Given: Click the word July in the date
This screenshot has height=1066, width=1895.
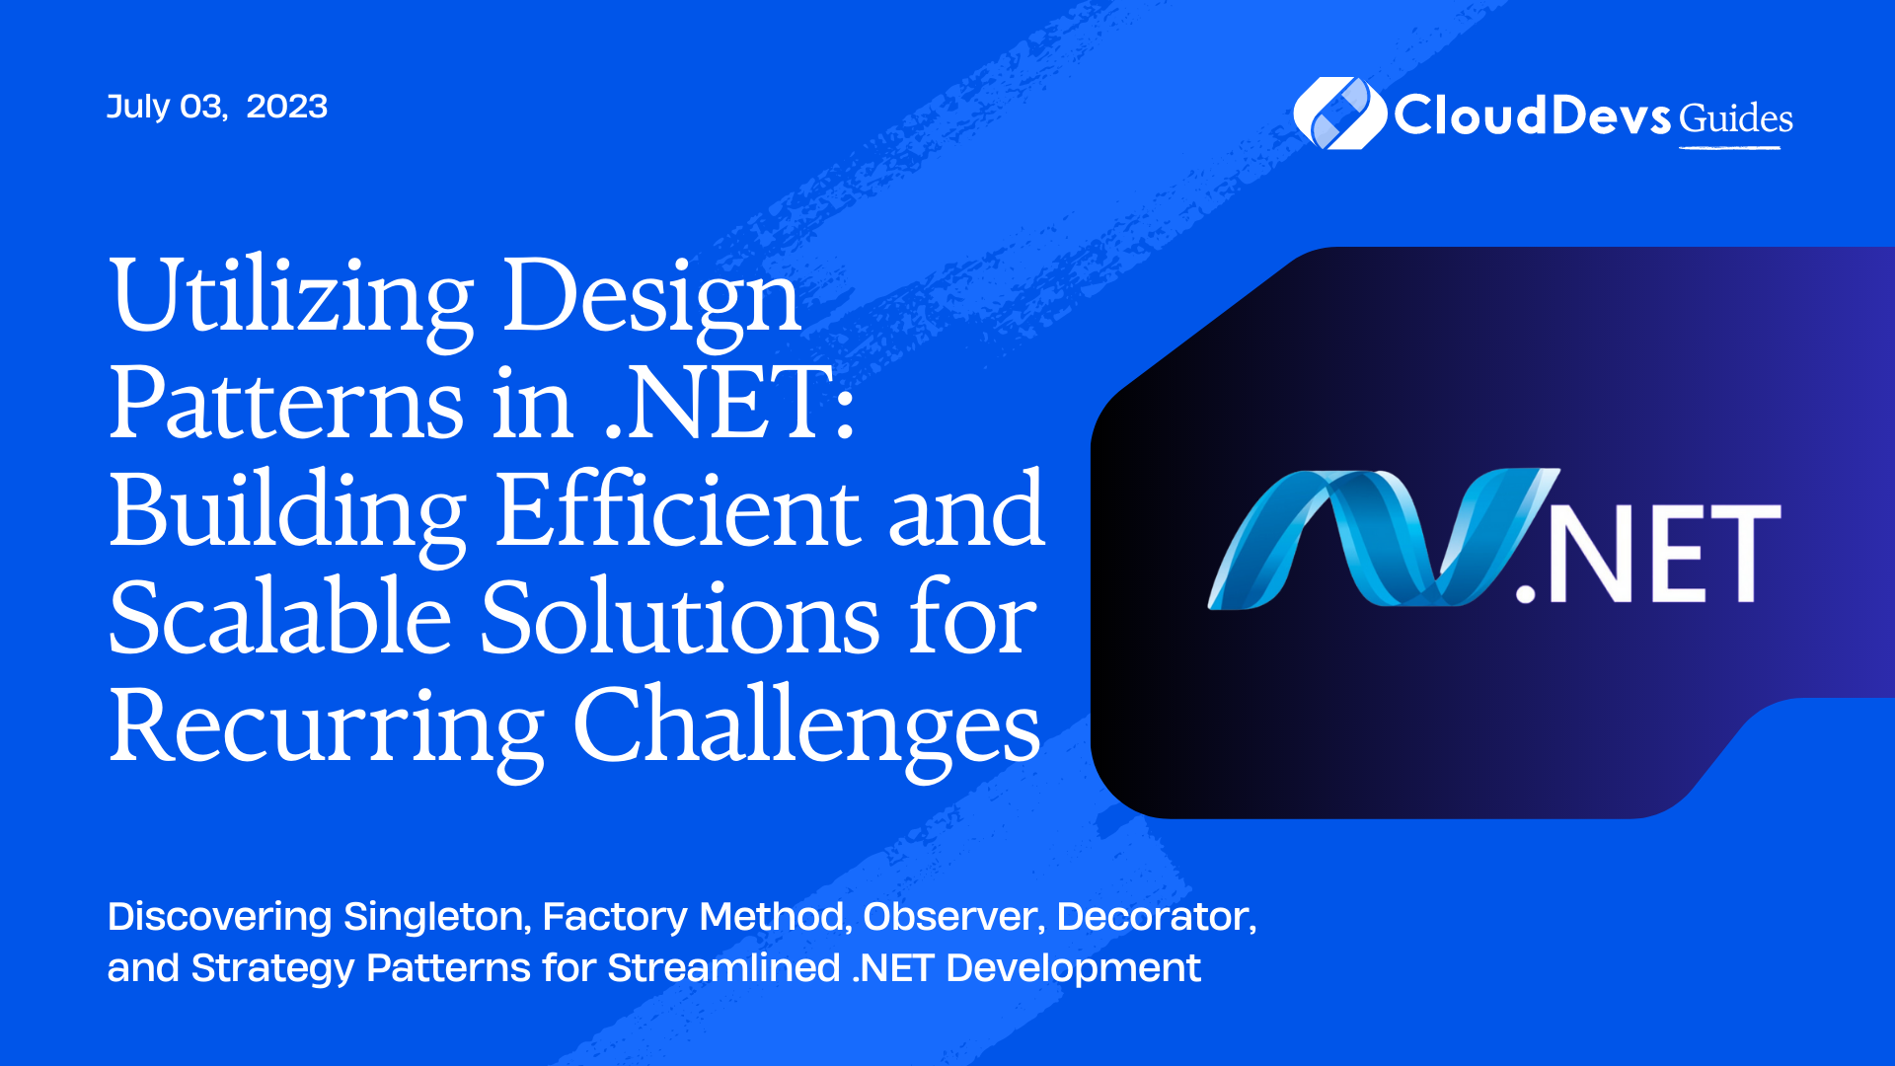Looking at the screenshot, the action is click(x=138, y=107).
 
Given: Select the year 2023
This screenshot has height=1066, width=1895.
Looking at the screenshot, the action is click(x=286, y=107).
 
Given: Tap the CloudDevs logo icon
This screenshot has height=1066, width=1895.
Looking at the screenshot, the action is click(x=1340, y=114).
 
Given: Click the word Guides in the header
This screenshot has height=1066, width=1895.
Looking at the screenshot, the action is click(x=1736, y=118).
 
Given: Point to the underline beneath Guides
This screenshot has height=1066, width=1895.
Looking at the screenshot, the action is click(x=1730, y=148).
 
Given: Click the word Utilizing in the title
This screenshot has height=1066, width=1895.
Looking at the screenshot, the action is click(x=292, y=298).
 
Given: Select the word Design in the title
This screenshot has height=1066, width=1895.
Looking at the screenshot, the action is click(x=652, y=298).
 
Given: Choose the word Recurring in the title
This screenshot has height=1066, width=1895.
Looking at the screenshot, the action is click(x=327, y=728).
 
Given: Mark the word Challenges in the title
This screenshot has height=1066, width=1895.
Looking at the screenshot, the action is click(x=806, y=728).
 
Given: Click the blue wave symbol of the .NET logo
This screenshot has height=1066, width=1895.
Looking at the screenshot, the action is click(x=1383, y=538).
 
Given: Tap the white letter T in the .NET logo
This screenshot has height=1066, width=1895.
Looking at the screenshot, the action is click(x=1738, y=553).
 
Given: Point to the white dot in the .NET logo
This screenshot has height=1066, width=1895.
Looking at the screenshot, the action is click(x=1527, y=591).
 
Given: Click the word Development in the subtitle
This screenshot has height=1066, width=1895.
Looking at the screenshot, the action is click(x=1073, y=969).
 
